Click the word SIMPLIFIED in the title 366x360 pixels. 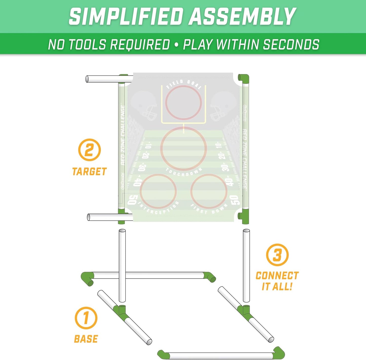pos(126,16)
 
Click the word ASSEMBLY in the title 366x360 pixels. pos(243,16)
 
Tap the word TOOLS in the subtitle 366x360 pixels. pos(87,45)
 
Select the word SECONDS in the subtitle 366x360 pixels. pos(291,45)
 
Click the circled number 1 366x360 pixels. pos(86,318)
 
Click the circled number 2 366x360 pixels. pos(89,150)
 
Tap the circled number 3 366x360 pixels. pos(277,255)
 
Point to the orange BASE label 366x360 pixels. pos(86,339)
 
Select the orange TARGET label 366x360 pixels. pos(89,172)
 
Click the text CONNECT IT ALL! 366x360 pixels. pos(277,281)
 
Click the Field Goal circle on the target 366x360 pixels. pos(184,102)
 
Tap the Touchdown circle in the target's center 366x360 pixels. pos(184,149)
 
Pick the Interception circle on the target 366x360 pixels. pos(158,191)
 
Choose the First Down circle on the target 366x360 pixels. pos(209,191)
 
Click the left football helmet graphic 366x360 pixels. pos(144,105)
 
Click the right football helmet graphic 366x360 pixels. pos(223,105)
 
